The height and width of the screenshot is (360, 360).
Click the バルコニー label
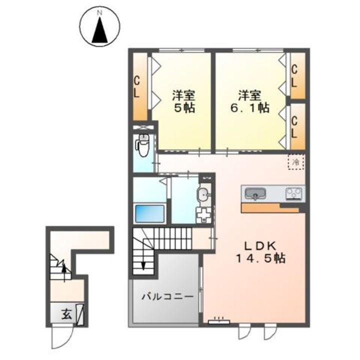point(167,296)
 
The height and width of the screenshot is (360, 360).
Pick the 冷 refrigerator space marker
point(295,162)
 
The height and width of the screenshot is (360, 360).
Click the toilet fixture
point(142,145)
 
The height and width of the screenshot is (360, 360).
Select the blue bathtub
point(150,213)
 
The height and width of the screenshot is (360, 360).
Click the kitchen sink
point(255,193)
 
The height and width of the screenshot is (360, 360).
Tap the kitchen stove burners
point(294,193)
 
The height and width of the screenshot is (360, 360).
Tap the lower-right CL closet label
point(295,126)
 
